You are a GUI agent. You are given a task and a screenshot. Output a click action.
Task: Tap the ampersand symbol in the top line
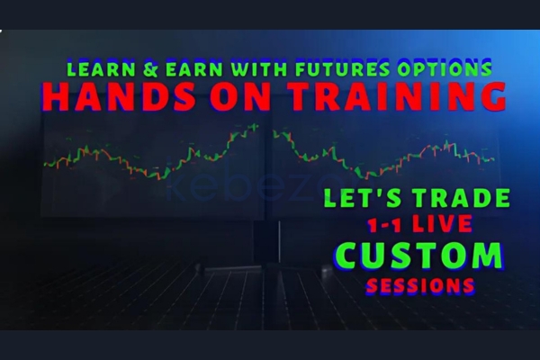150,69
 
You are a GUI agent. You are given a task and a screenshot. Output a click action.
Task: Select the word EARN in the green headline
194,68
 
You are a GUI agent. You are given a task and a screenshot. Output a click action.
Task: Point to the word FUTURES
342,68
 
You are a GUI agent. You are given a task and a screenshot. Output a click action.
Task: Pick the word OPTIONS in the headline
445,68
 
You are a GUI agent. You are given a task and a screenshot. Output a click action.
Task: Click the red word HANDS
118,96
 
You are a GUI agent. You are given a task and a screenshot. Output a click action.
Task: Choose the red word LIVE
442,223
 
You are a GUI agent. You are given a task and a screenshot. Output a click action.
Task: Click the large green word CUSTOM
418,256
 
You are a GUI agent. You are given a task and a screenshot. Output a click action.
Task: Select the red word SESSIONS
420,285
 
